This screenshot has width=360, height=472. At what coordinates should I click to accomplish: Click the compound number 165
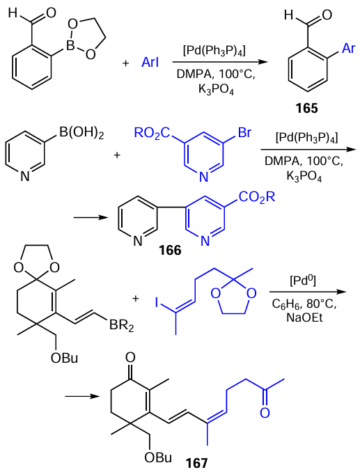pyautogui.click(x=306, y=109)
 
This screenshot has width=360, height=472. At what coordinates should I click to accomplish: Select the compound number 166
pyautogui.click(x=171, y=250)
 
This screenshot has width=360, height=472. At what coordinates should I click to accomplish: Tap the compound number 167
pyautogui.click(x=196, y=463)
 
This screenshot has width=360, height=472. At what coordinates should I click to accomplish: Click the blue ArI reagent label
pyautogui.click(x=150, y=63)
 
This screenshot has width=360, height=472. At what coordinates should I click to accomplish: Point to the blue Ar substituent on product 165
pyautogui.click(x=349, y=48)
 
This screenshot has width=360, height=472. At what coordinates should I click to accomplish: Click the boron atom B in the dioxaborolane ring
pyautogui.click(x=70, y=46)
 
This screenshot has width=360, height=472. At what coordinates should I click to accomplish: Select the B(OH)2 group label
pyautogui.click(x=81, y=134)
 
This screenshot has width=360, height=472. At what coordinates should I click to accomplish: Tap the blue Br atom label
pyautogui.click(x=244, y=132)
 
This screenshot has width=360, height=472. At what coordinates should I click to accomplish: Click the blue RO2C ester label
pyautogui.click(x=152, y=133)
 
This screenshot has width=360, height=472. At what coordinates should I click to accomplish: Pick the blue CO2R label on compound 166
pyautogui.click(x=257, y=198)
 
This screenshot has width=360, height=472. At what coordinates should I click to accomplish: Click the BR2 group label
pyautogui.click(x=121, y=325)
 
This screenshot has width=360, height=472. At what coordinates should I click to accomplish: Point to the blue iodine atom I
pyautogui.click(x=157, y=303)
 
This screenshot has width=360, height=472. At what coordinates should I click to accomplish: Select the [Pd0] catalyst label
pyautogui.click(x=303, y=281)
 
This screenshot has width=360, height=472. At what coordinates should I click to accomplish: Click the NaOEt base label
pyautogui.click(x=304, y=318)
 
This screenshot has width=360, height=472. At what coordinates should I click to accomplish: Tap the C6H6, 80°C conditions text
pyautogui.click(x=304, y=304)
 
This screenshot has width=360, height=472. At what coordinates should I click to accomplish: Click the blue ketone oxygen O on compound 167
pyautogui.click(x=265, y=413)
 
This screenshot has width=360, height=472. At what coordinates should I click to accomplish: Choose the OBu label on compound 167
pyautogui.click(x=158, y=457)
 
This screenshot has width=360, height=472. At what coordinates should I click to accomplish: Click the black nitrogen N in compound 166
pyautogui.click(x=137, y=241)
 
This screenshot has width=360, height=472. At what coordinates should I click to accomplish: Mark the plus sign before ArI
pyautogui.click(x=125, y=63)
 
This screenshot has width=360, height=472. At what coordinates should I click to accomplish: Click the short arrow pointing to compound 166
pyautogui.click(x=91, y=217)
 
